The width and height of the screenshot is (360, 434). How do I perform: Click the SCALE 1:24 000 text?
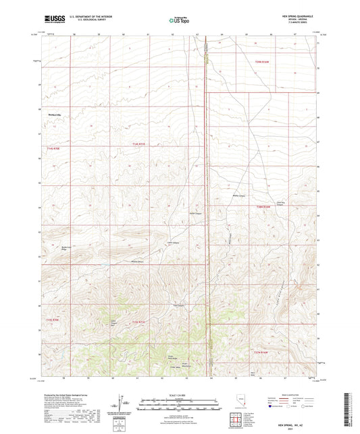coord(180,394)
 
